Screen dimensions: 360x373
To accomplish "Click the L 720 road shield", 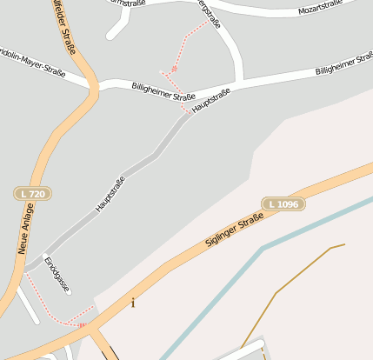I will tap(31, 194).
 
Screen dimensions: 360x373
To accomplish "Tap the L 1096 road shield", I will tap(283, 203).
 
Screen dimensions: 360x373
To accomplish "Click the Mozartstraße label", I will tap(322, 10).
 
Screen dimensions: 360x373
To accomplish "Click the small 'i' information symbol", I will tap(133, 303).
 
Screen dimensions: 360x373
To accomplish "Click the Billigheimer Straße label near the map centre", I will tap(163, 91).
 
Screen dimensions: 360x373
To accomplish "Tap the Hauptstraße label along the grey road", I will tap(110, 194).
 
